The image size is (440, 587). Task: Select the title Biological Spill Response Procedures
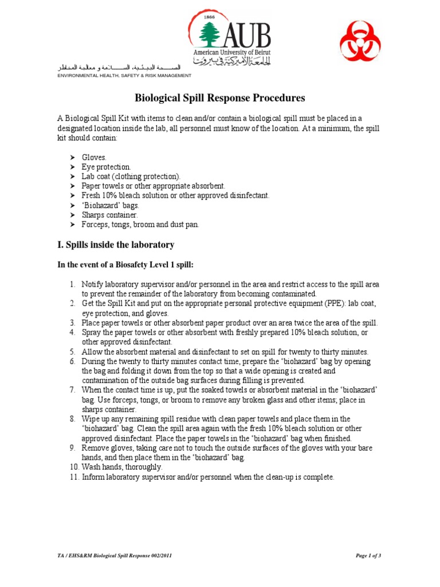pyautogui.click(x=219, y=98)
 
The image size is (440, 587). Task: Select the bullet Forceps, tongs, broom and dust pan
pyautogui.click(x=140, y=225)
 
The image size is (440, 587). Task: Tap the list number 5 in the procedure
pyautogui.click(x=73, y=352)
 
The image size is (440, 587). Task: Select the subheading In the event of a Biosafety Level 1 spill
pyautogui.click(x=123, y=266)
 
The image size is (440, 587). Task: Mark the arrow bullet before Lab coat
pyautogui.click(x=72, y=176)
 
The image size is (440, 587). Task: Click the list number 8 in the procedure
pyautogui.click(x=73, y=419)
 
